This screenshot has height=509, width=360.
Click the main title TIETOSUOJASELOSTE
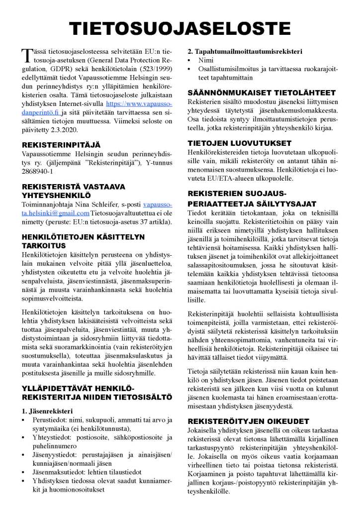click(180, 28)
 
